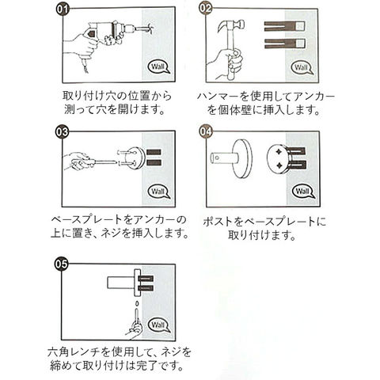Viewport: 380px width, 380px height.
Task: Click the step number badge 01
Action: click(63, 9)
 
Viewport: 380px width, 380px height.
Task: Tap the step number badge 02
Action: click(206, 8)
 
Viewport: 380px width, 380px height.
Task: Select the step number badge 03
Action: click(62, 131)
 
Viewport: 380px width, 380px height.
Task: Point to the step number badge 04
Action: click(206, 131)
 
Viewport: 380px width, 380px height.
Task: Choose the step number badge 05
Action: click(61, 264)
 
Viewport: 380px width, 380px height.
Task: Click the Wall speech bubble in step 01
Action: click(159, 66)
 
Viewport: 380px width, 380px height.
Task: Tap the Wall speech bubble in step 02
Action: click(302, 68)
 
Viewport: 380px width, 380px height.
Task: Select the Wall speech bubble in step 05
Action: click(159, 325)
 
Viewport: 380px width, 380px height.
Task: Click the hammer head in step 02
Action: click(231, 26)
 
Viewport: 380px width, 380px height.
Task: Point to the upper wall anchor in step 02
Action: click(285, 26)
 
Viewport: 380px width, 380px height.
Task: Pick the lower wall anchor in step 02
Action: click(285, 44)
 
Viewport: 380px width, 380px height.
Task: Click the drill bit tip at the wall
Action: click(150, 28)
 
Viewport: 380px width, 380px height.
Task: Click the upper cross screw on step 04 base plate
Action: click(279, 152)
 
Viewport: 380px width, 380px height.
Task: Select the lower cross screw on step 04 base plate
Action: click(279, 165)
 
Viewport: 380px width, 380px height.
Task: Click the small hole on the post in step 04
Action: click(216, 158)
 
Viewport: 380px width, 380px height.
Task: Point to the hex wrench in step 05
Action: click(136, 320)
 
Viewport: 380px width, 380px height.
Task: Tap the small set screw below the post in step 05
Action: click(137, 303)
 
